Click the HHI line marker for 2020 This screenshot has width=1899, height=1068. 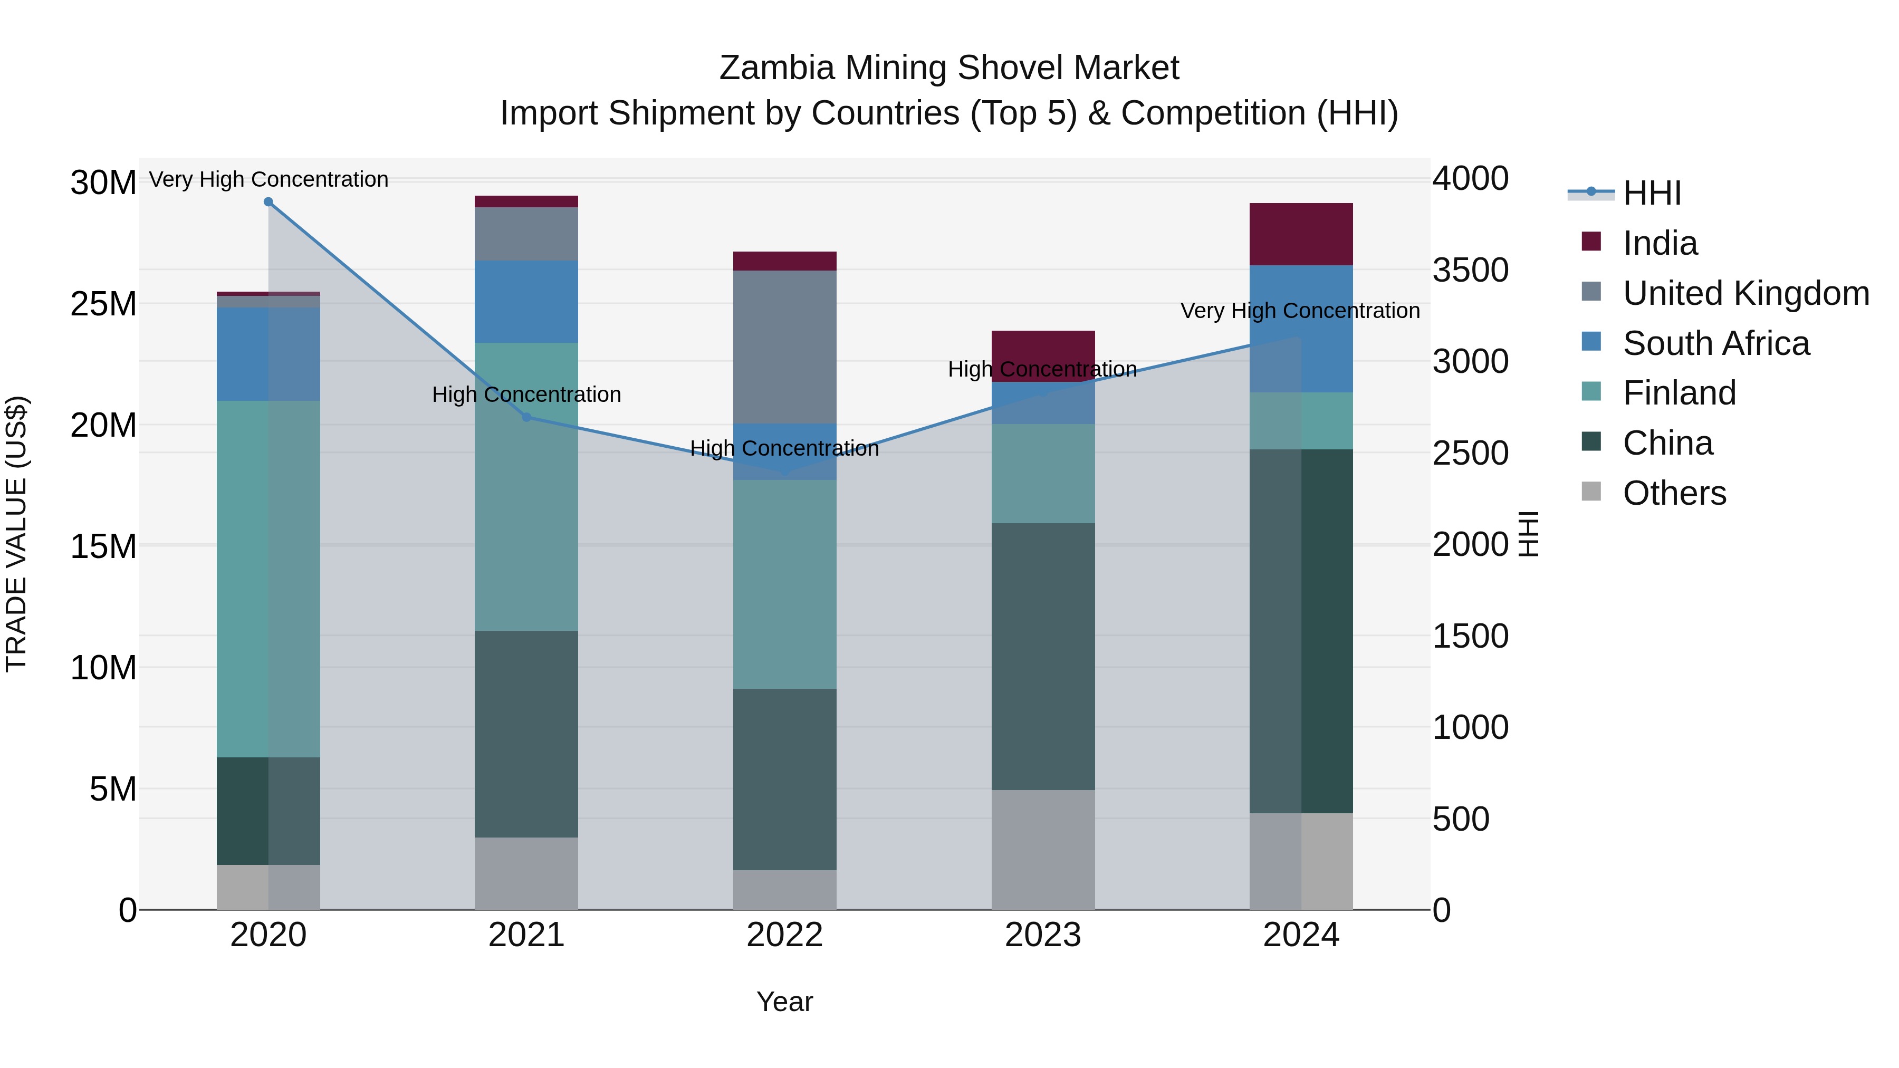coord(268,202)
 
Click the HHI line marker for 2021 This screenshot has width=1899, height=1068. coord(526,417)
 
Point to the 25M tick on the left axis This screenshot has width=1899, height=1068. coord(103,304)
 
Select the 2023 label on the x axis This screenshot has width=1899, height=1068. coord(1042,935)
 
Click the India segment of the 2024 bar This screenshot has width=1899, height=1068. coord(1301,234)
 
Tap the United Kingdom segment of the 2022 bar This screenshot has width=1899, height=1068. coord(784,347)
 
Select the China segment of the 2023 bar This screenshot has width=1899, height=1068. coord(1042,656)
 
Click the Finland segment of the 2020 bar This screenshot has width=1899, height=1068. coord(268,579)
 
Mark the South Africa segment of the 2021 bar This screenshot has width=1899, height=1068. coord(526,302)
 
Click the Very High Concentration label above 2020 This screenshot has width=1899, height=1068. coord(268,179)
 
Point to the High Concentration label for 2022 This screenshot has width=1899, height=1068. coord(784,448)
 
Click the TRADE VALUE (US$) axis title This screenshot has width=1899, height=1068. coord(16,534)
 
